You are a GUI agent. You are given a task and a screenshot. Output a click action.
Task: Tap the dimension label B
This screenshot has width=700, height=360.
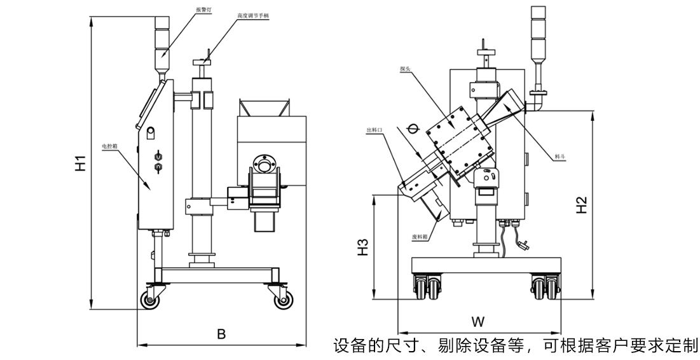coord(221,333)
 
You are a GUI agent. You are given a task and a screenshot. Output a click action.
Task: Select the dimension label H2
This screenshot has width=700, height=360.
coord(582,205)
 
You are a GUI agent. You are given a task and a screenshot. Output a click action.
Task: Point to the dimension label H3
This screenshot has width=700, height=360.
coord(362,247)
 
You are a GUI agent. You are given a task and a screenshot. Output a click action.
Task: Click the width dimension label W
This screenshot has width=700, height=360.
coord(478,320)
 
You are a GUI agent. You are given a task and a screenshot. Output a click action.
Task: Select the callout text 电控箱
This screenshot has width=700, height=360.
coord(111,146)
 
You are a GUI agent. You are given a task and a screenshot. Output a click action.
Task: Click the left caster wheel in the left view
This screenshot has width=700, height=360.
coord(151,301)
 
